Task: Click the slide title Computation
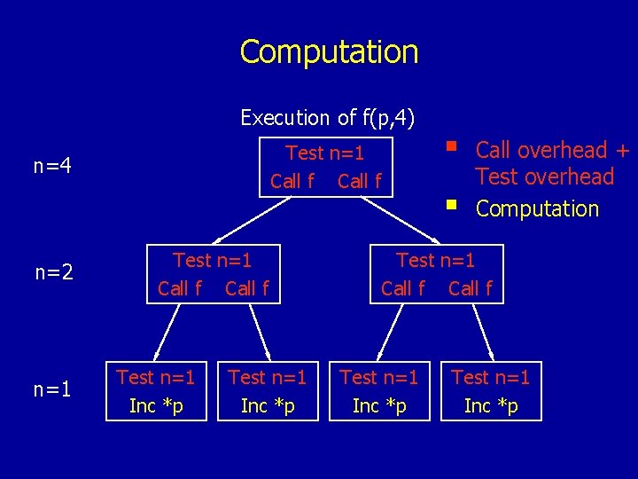click(328, 51)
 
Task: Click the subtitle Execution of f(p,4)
click(329, 117)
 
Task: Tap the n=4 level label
click(52, 166)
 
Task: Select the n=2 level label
click(54, 272)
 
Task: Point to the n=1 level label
click(52, 389)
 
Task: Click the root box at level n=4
click(325, 167)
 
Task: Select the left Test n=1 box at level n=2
click(213, 274)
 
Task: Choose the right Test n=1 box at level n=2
click(436, 274)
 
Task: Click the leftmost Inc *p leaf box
click(156, 391)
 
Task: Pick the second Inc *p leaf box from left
click(268, 391)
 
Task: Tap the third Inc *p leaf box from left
click(379, 391)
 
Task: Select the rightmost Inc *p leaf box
click(491, 391)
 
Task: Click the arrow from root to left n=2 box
click(252, 219)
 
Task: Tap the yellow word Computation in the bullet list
click(537, 209)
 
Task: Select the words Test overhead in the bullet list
click(544, 177)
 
